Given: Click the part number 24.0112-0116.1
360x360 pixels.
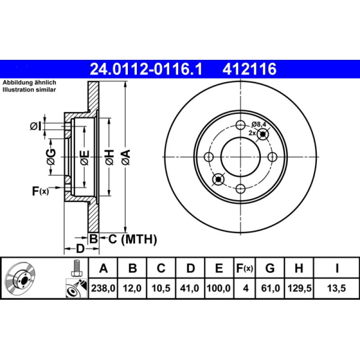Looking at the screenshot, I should click(147, 69).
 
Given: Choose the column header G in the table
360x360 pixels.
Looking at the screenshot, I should click(270, 269).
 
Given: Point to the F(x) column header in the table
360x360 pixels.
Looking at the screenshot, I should click(245, 269).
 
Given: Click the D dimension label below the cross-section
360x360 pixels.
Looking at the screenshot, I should click(80, 249).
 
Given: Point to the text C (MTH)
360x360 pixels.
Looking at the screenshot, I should click(132, 239).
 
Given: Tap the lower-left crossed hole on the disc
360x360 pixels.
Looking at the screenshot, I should click(218, 179).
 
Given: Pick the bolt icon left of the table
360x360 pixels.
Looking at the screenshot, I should click(76, 268).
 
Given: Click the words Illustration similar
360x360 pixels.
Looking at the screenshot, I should click(29, 90).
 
